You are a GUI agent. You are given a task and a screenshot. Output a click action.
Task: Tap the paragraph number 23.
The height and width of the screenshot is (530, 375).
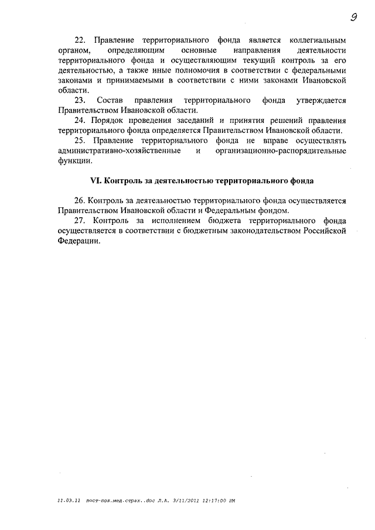80,101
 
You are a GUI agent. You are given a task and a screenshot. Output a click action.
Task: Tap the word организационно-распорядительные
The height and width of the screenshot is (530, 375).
281,151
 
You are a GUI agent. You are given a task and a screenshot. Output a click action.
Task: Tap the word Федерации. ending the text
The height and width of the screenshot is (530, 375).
80,241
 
